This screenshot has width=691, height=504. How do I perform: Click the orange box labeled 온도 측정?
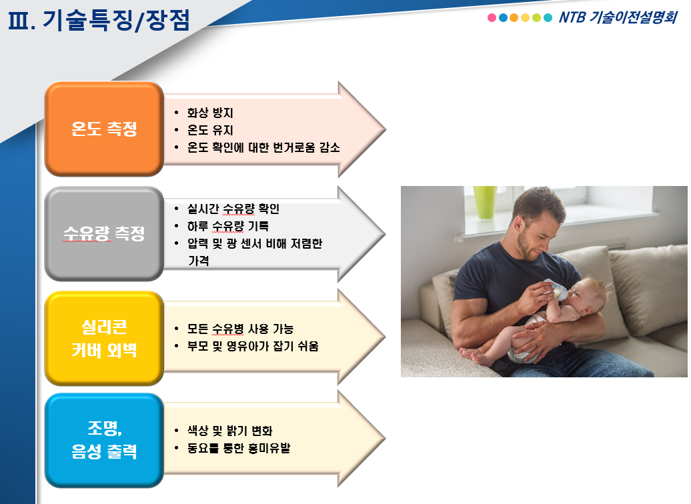point(104,129)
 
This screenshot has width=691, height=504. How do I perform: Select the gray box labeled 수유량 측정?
point(104,233)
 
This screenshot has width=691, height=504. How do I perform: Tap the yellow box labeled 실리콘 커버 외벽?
point(104,339)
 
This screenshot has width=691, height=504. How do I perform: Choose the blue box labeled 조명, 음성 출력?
point(104,440)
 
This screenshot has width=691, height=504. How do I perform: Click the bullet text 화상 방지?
point(210,113)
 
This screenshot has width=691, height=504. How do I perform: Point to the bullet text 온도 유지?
point(210,130)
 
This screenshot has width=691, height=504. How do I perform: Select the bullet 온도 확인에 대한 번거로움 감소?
point(263,147)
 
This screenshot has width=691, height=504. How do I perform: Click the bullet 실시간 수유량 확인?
point(233,209)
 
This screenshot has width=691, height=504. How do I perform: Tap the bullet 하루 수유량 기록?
point(228,226)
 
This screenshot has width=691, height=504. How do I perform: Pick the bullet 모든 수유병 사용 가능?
point(240,329)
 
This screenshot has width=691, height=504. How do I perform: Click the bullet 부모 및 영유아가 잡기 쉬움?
point(253,346)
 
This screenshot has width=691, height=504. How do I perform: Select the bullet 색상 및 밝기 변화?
point(229,431)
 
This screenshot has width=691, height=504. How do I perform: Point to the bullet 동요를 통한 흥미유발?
point(238,448)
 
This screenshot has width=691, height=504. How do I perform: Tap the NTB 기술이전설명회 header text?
point(618,17)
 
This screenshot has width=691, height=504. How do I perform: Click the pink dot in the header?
point(492,17)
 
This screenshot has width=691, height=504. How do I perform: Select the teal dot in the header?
point(548,17)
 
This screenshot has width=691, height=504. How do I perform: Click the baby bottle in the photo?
point(556,289)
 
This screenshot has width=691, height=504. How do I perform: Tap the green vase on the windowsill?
point(485,202)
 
